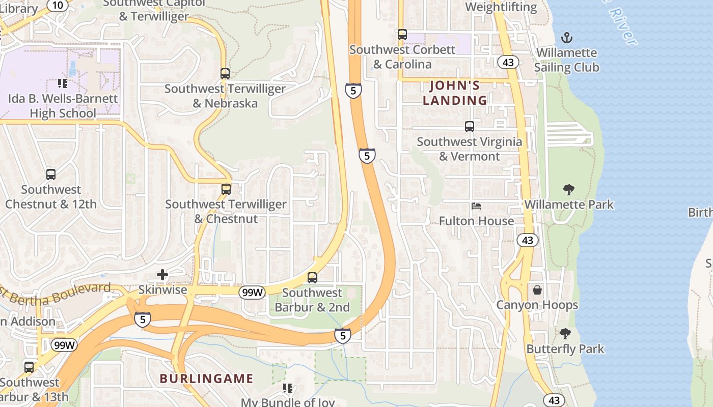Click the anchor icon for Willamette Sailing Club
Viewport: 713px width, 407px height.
(566, 38)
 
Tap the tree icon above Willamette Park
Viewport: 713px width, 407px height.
(569, 190)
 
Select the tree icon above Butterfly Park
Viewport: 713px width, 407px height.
(565, 334)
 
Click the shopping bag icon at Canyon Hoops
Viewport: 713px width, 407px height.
(537, 290)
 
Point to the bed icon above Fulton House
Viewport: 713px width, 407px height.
(476, 206)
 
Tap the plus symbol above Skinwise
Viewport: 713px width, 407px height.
(162, 275)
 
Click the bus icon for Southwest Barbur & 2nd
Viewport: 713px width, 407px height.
(312, 278)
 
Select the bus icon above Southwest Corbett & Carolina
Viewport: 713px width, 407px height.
(402, 35)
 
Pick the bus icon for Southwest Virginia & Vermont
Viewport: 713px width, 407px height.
(469, 127)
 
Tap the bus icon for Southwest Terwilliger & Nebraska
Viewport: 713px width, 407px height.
(225, 73)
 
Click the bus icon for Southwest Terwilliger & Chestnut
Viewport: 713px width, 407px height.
(226, 189)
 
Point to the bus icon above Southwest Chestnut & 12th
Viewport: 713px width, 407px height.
(51, 175)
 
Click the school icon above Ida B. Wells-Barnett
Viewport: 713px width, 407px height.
(62, 83)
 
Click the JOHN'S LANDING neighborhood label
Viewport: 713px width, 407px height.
(455, 93)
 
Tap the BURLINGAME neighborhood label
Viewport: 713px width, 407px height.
(206, 379)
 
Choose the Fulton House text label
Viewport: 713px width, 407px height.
(476, 221)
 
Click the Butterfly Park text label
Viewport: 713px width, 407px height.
(565, 349)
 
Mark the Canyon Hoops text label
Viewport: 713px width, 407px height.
(537, 305)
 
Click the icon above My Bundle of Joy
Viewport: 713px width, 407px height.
(288, 388)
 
